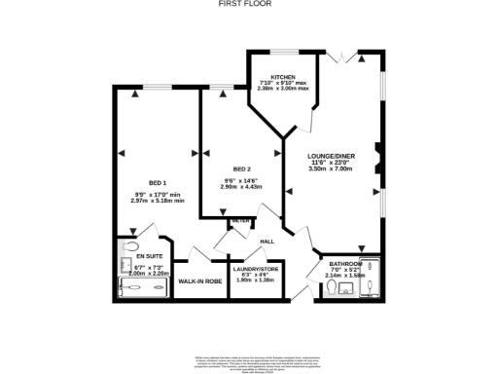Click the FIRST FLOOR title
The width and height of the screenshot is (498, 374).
pos(249,4)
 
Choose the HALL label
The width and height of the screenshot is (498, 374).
pos(267,241)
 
